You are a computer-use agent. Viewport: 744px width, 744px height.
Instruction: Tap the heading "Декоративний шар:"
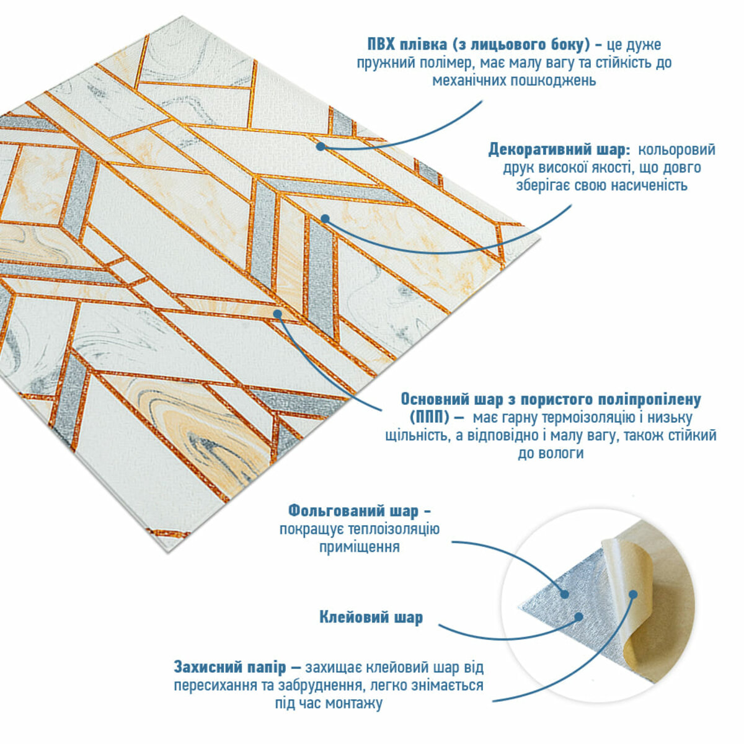click(x=559, y=150)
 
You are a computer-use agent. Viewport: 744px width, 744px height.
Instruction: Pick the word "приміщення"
click(x=359, y=547)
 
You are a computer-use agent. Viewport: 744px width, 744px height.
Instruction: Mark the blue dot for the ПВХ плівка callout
click(x=320, y=146)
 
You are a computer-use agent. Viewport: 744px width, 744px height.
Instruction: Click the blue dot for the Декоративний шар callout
click(x=325, y=219)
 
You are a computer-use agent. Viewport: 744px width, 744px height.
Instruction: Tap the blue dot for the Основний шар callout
click(x=278, y=313)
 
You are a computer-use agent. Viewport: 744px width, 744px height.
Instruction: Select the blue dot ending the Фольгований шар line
click(x=565, y=605)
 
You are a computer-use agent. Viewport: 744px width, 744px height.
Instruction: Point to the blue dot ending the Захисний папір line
click(x=633, y=604)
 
